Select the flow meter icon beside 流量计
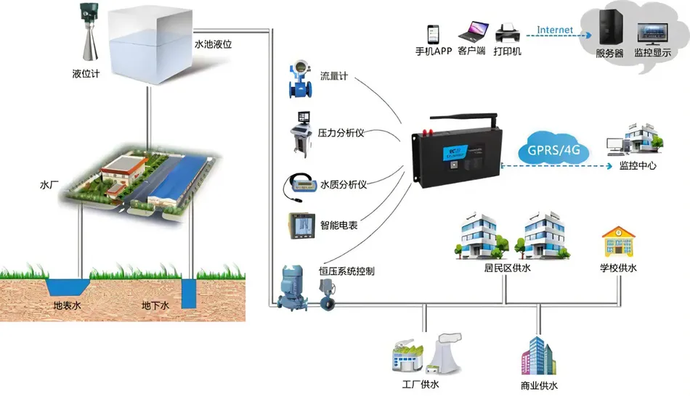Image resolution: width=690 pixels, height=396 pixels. (x=299, y=79)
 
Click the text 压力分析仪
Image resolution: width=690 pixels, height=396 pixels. (x=341, y=133)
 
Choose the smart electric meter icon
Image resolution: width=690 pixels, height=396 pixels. (x=301, y=225)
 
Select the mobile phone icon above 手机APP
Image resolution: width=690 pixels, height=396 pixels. (x=433, y=34)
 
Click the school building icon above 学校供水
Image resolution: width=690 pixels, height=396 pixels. (x=618, y=243)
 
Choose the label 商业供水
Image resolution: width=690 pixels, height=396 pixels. (x=539, y=386)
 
